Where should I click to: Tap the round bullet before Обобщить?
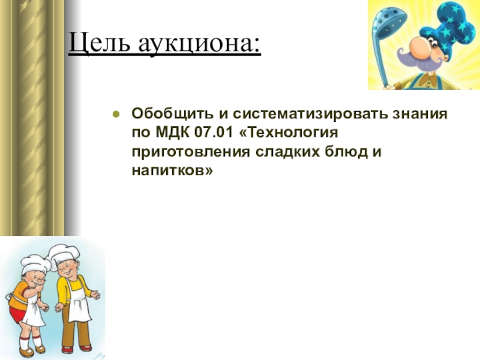(x=116, y=115)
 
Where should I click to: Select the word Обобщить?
(x=172, y=114)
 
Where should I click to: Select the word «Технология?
(x=288, y=133)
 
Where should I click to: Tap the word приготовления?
(x=191, y=152)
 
